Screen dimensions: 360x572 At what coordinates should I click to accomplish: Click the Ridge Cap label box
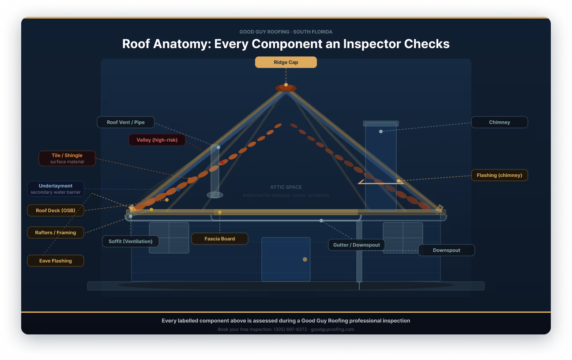[x=286, y=62]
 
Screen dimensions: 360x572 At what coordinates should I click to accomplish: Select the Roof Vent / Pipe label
[x=126, y=122]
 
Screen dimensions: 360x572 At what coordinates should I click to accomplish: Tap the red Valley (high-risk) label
[x=157, y=140]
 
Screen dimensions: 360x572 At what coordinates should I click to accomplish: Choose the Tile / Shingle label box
[x=67, y=158]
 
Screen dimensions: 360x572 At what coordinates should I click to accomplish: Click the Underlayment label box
[x=56, y=189]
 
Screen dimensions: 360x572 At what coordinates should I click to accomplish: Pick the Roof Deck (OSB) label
[x=56, y=210]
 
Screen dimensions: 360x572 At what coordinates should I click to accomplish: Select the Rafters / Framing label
[x=56, y=232]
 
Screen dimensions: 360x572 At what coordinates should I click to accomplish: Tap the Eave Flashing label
[x=56, y=261]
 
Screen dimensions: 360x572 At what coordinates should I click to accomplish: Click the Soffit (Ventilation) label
[x=131, y=241]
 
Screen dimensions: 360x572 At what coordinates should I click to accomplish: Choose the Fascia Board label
[x=220, y=239]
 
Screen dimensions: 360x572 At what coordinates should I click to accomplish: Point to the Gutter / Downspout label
[x=357, y=245]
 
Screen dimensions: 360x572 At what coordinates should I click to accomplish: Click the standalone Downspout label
[x=446, y=250]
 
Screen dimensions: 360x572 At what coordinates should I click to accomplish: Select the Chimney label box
[x=499, y=122]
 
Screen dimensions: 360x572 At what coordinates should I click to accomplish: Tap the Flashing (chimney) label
[x=499, y=175]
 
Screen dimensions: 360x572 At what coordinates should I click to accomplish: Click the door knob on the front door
[x=305, y=259]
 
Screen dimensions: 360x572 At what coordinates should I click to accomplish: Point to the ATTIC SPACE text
[x=286, y=187]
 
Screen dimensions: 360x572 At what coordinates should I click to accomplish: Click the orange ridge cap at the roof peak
[x=286, y=89]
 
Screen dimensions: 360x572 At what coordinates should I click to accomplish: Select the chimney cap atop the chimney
[x=380, y=124]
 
